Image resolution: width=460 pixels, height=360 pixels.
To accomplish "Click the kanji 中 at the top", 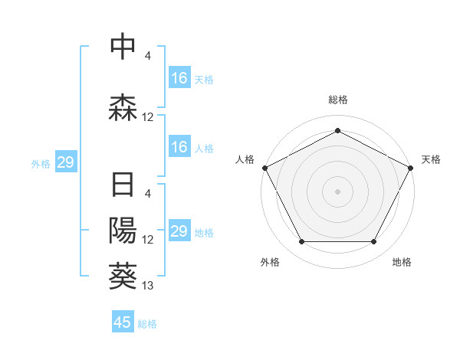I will [x=123, y=47].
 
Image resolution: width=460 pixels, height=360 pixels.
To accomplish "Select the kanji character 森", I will [x=123, y=108].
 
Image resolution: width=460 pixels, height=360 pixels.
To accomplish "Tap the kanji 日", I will [x=123, y=187].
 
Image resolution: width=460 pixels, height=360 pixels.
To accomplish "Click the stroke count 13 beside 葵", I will [x=148, y=286].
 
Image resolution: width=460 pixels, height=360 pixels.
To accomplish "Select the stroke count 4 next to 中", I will [x=148, y=56].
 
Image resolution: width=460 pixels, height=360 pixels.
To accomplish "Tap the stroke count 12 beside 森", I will [x=148, y=117].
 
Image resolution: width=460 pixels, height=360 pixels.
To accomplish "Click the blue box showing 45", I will [x=123, y=322].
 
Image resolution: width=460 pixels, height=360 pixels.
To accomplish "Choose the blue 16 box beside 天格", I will [x=179, y=77].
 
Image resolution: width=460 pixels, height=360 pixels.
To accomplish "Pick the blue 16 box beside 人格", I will [x=179, y=147].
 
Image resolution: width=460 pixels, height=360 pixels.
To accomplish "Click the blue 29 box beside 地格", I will [x=179, y=231].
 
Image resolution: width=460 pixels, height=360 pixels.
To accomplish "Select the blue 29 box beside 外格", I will [x=65, y=162].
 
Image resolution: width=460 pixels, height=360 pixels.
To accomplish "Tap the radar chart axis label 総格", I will [x=338, y=100].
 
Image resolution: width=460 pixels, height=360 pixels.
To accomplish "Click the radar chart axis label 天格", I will [x=431, y=159].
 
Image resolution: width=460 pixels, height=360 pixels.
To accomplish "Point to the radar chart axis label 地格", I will [x=402, y=262].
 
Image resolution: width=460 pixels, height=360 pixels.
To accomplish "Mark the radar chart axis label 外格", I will [x=270, y=262].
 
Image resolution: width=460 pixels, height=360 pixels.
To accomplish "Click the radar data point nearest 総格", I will [x=337, y=131].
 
